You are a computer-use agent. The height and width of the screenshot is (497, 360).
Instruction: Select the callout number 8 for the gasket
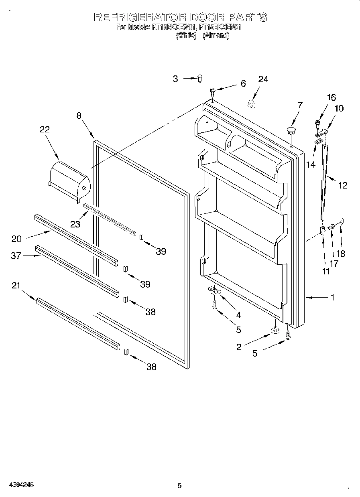(x=79, y=116)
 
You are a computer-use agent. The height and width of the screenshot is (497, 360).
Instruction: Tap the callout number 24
(x=262, y=79)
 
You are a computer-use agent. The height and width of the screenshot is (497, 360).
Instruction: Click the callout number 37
(x=16, y=256)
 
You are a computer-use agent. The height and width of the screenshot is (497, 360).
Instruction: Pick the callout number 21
(x=16, y=285)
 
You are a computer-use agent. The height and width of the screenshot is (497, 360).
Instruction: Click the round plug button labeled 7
(x=291, y=130)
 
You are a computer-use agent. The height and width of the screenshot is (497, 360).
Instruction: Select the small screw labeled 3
(x=199, y=79)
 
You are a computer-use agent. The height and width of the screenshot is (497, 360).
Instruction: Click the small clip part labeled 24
(x=252, y=104)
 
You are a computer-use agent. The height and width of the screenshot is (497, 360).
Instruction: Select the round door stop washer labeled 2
(x=275, y=330)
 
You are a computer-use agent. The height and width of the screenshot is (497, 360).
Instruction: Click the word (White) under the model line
(x=185, y=36)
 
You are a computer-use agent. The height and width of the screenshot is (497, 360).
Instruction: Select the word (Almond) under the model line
(x=216, y=36)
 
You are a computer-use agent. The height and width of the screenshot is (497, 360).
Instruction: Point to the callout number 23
(x=75, y=224)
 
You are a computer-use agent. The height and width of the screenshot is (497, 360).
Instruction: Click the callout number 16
(x=331, y=97)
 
